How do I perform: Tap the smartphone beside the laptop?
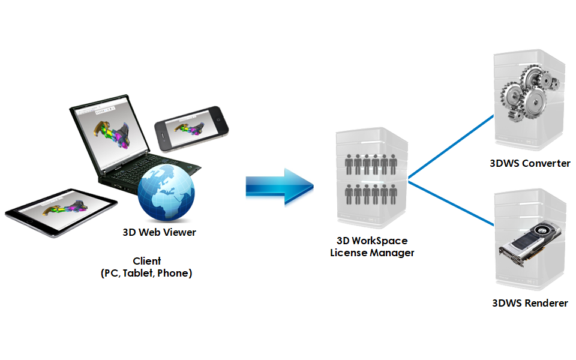coord(192,127)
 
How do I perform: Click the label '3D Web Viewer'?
coord(159,233)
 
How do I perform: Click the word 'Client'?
coord(147,261)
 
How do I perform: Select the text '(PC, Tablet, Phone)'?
coord(146,273)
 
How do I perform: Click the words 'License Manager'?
coord(372,253)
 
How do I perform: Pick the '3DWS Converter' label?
coord(529,163)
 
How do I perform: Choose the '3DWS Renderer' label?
coord(529,303)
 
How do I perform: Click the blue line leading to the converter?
coord(450,147)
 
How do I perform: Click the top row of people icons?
coord(371,163)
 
